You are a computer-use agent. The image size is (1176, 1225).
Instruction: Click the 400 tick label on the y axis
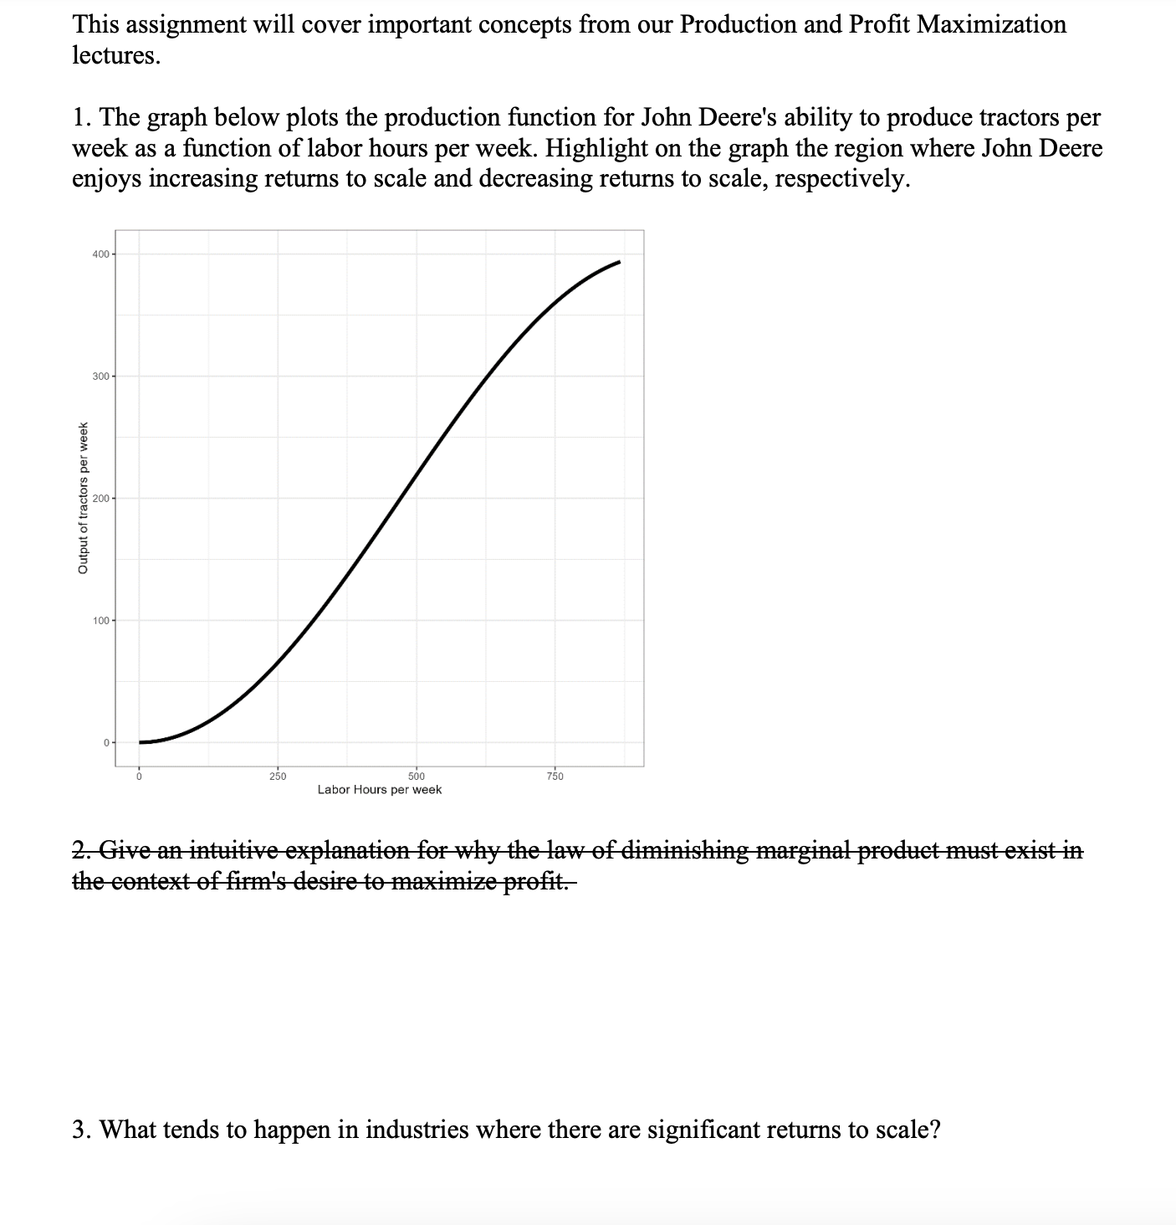pos(100,254)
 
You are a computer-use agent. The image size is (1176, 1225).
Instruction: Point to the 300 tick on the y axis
pos(100,377)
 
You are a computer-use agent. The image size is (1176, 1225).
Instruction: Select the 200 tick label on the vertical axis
pos(100,499)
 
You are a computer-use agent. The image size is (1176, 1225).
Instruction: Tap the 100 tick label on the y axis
pos(100,621)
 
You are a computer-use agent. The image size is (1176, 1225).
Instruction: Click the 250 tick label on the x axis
pos(278,777)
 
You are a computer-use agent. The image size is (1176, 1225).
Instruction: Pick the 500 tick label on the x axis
pos(417,777)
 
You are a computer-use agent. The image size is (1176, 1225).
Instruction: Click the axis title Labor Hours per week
pos(380,790)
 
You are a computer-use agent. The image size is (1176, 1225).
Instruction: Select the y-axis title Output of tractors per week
pos(83,499)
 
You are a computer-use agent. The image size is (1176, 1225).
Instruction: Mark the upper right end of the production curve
pos(619,262)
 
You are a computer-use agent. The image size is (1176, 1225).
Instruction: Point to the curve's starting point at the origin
pos(141,742)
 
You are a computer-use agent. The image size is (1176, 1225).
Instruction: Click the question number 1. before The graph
pos(82,117)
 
